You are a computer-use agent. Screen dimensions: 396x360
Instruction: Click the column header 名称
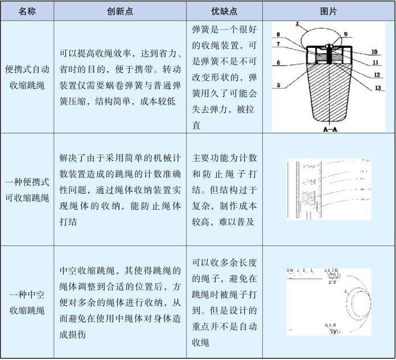[x=27, y=11]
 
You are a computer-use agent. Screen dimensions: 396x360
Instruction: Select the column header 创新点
[x=119, y=11]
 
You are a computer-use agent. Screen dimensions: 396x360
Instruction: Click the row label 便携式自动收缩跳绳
[x=27, y=77]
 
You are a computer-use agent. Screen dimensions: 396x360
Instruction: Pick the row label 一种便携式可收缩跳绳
[x=27, y=189]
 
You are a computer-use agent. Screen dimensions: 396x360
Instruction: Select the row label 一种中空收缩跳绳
[x=27, y=302]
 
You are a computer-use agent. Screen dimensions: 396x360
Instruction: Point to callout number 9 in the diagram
[x=345, y=34]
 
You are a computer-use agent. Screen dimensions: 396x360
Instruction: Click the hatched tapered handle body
[x=326, y=97]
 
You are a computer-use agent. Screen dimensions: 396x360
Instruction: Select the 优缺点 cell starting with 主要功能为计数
[x=225, y=189]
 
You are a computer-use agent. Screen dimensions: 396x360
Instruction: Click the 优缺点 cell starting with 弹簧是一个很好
[x=225, y=77]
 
